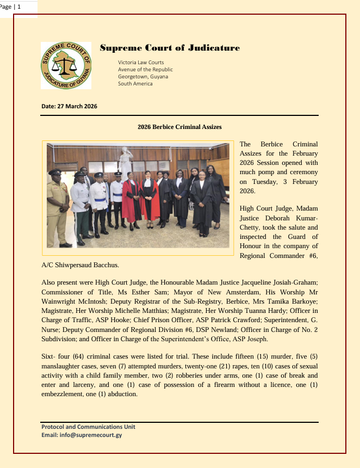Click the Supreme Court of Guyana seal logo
coord(66,66)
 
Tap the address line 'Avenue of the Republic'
coord(145,70)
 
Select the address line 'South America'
coord(135,84)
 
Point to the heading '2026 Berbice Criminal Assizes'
coord(180,127)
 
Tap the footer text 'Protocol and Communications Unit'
coord(89,427)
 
